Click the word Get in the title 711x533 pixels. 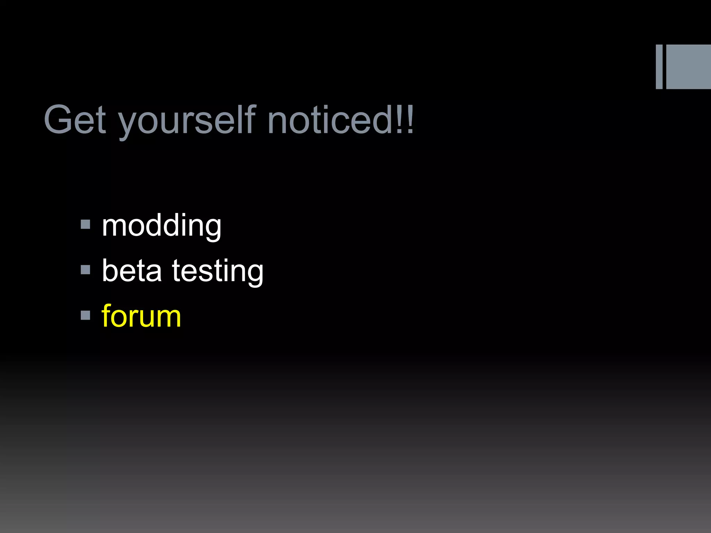click(x=75, y=120)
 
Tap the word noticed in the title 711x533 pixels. click(x=330, y=120)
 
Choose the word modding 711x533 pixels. click(x=161, y=226)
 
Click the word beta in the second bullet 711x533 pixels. click(x=132, y=271)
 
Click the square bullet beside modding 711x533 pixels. click(x=85, y=225)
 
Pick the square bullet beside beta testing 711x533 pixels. click(x=85, y=270)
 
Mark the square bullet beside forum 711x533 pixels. click(x=85, y=315)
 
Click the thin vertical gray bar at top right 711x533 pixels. click(x=659, y=67)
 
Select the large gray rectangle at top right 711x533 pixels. click(x=688, y=67)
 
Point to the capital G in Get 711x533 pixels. click(x=58, y=120)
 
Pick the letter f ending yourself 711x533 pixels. click(x=251, y=119)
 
